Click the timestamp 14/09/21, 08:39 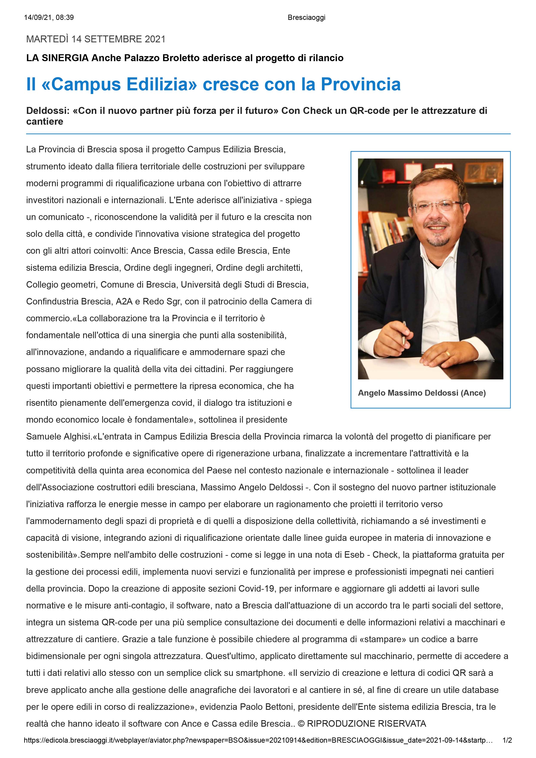click(x=49, y=18)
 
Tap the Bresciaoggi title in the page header click(x=306, y=18)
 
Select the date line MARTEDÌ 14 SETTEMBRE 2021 click(x=96, y=39)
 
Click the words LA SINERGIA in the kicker click(x=58, y=58)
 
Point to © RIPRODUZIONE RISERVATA click(x=362, y=724)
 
